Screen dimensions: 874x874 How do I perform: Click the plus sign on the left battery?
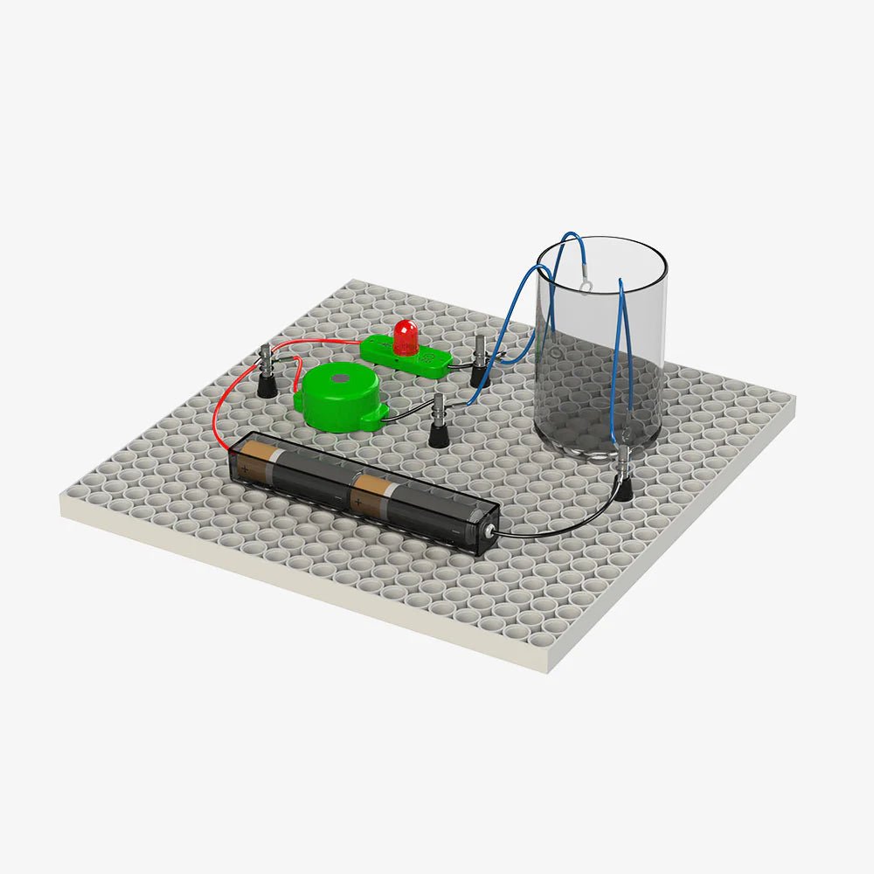coord(246,468)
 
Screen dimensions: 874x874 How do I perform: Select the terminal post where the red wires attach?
coord(266,371)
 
